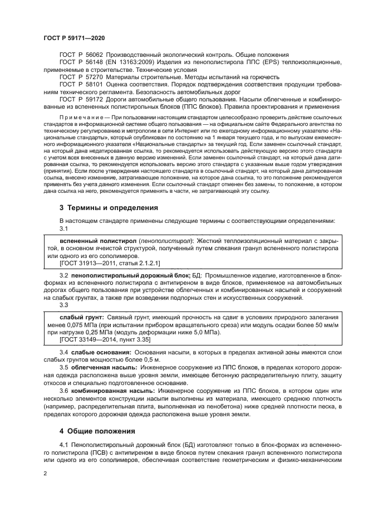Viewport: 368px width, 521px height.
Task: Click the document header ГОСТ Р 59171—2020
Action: (x=74, y=37)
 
